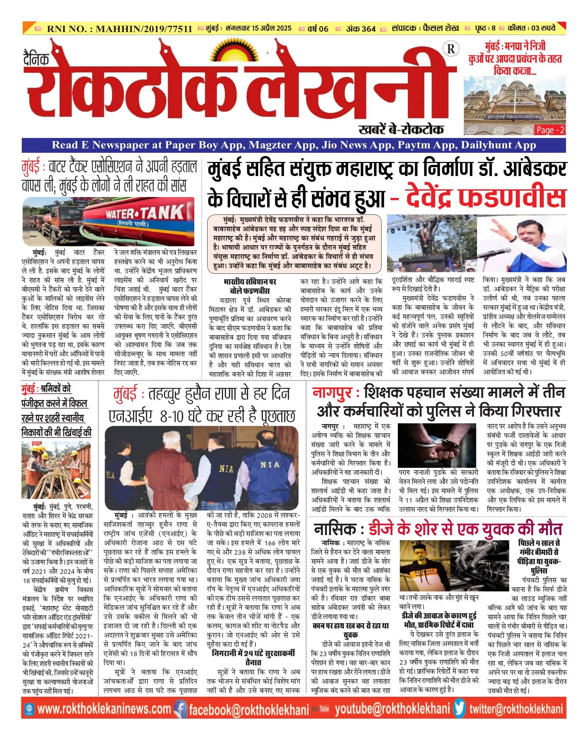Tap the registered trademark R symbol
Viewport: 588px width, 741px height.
451,49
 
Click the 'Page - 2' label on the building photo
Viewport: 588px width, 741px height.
550,130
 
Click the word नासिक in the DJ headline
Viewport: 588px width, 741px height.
336,529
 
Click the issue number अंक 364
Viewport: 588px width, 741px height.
361,28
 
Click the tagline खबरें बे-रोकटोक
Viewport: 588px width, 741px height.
401,129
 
